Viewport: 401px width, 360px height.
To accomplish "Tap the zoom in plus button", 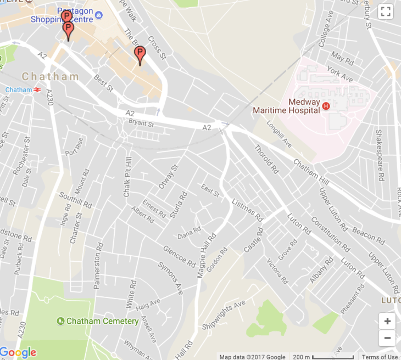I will click(387, 322).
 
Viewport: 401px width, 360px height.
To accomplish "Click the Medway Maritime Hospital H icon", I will click(326, 106).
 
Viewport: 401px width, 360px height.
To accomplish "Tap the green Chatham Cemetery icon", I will click(61, 321).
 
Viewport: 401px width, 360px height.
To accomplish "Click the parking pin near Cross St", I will click(140, 54).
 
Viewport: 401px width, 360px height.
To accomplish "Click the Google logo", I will click(18, 352).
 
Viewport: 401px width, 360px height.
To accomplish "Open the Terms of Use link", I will click(380, 357).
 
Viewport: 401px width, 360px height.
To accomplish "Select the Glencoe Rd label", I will click(179, 255).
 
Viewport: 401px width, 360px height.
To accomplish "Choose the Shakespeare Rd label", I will click(378, 155).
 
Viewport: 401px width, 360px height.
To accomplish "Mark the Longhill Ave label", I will click(280, 135).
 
